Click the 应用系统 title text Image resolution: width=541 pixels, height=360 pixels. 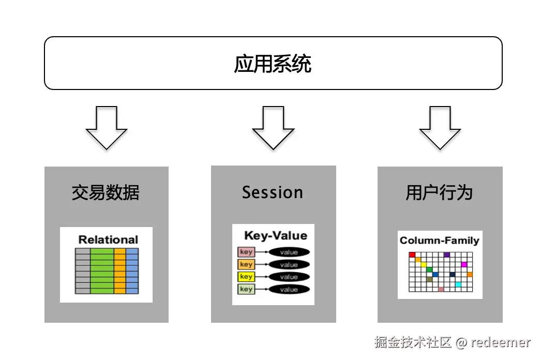[273, 64]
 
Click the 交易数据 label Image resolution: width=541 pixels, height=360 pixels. [106, 193]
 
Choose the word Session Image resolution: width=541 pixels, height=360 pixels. [273, 192]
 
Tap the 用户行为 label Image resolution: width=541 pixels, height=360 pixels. [439, 193]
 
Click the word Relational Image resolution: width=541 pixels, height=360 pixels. [108, 239]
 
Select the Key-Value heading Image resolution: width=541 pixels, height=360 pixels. [275, 235]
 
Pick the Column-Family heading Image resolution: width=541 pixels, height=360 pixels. [440, 241]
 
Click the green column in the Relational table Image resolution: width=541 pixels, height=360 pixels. [102, 271]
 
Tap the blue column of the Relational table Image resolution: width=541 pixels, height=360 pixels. [132, 271]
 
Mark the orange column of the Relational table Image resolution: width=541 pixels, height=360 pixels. [119, 271]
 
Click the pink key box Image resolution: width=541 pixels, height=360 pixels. [246, 252]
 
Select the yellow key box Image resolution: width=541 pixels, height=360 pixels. [246, 277]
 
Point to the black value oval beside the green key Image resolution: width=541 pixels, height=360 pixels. [289, 289]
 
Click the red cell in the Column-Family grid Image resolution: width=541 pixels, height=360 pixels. [412, 254]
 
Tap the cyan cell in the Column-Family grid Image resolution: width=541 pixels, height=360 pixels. [458, 284]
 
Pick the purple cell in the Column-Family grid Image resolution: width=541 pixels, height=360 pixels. [446, 254]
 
